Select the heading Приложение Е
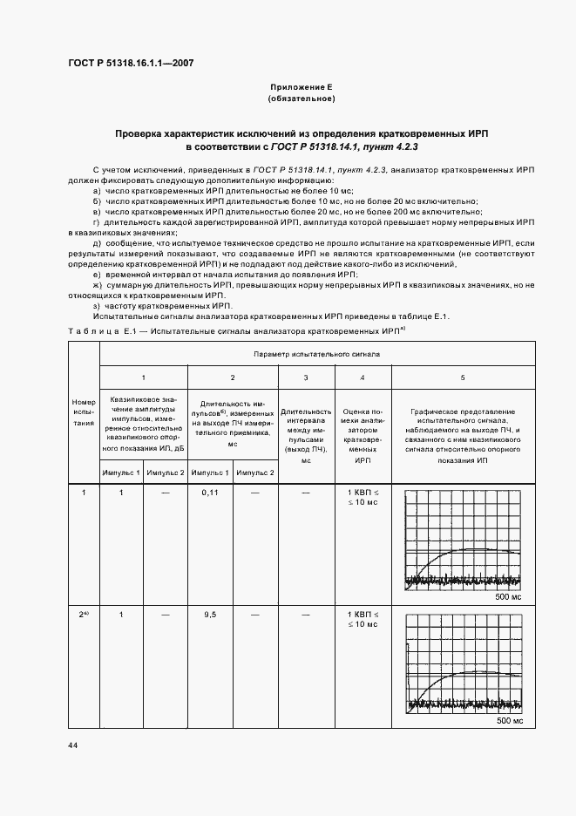(x=301, y=87)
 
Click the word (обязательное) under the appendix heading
(x=301, y=99)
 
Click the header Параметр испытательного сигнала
(x=316, y=354)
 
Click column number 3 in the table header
(x=305, y=377)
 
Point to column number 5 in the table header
(x=463, y=377)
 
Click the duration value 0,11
(x=209, y=493)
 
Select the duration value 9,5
(x=209, y=615)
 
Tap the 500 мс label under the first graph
(x=509, y=597)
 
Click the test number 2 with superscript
(x=84, y=615)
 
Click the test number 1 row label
(x=84, y=493)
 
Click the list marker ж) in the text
(x=98, y=285)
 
